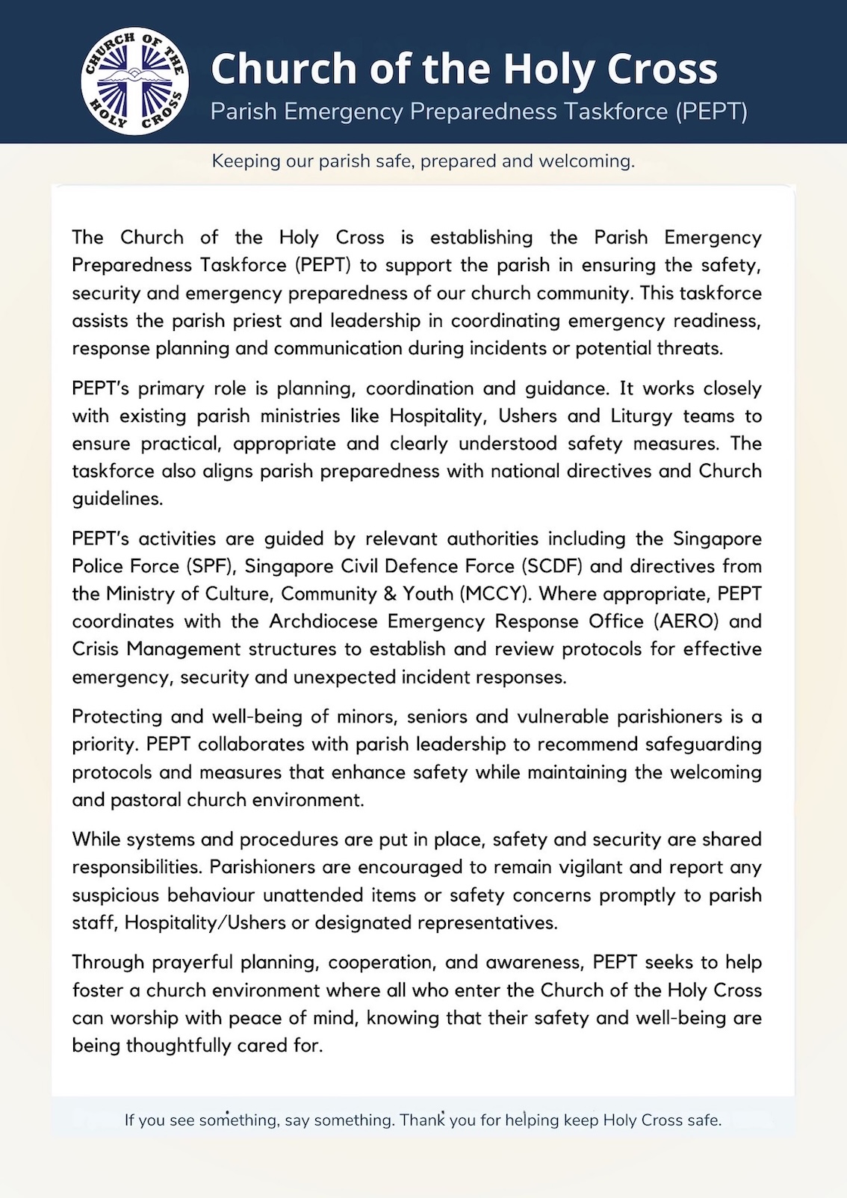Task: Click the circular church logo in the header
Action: tap(134, 81)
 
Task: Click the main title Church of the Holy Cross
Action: tap(464, 69)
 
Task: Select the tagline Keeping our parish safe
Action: tap(423, 161)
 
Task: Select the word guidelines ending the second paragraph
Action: tap(117, 499)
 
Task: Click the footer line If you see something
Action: tap(423, 1120)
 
